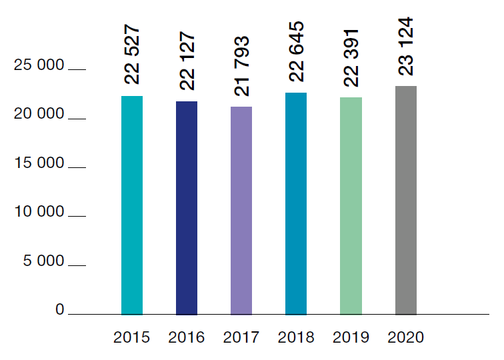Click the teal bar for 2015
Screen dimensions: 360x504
(132, 205)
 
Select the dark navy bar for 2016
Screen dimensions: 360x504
(187, 207)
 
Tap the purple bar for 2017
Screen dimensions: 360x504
(241, 210)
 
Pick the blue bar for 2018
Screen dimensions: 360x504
(296, 203)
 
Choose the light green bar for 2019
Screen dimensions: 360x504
(351, 205)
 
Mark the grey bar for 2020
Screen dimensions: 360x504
(405, 200)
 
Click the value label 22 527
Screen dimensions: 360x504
(133, 56)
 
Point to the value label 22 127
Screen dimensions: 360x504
(187, 61)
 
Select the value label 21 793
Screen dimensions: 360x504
(242, 66)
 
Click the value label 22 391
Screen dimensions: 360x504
(351, 57)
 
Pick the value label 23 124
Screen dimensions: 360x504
(406, 46)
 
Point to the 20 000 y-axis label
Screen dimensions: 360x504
(41, 114)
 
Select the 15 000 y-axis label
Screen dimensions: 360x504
(41, 163)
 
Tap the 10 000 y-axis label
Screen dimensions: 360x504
(41, 212)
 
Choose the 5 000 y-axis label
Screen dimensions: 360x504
(44, 261)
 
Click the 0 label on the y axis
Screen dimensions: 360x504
(60, 310)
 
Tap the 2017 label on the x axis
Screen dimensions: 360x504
(241, 337)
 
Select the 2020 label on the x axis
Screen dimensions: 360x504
(405, 337)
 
